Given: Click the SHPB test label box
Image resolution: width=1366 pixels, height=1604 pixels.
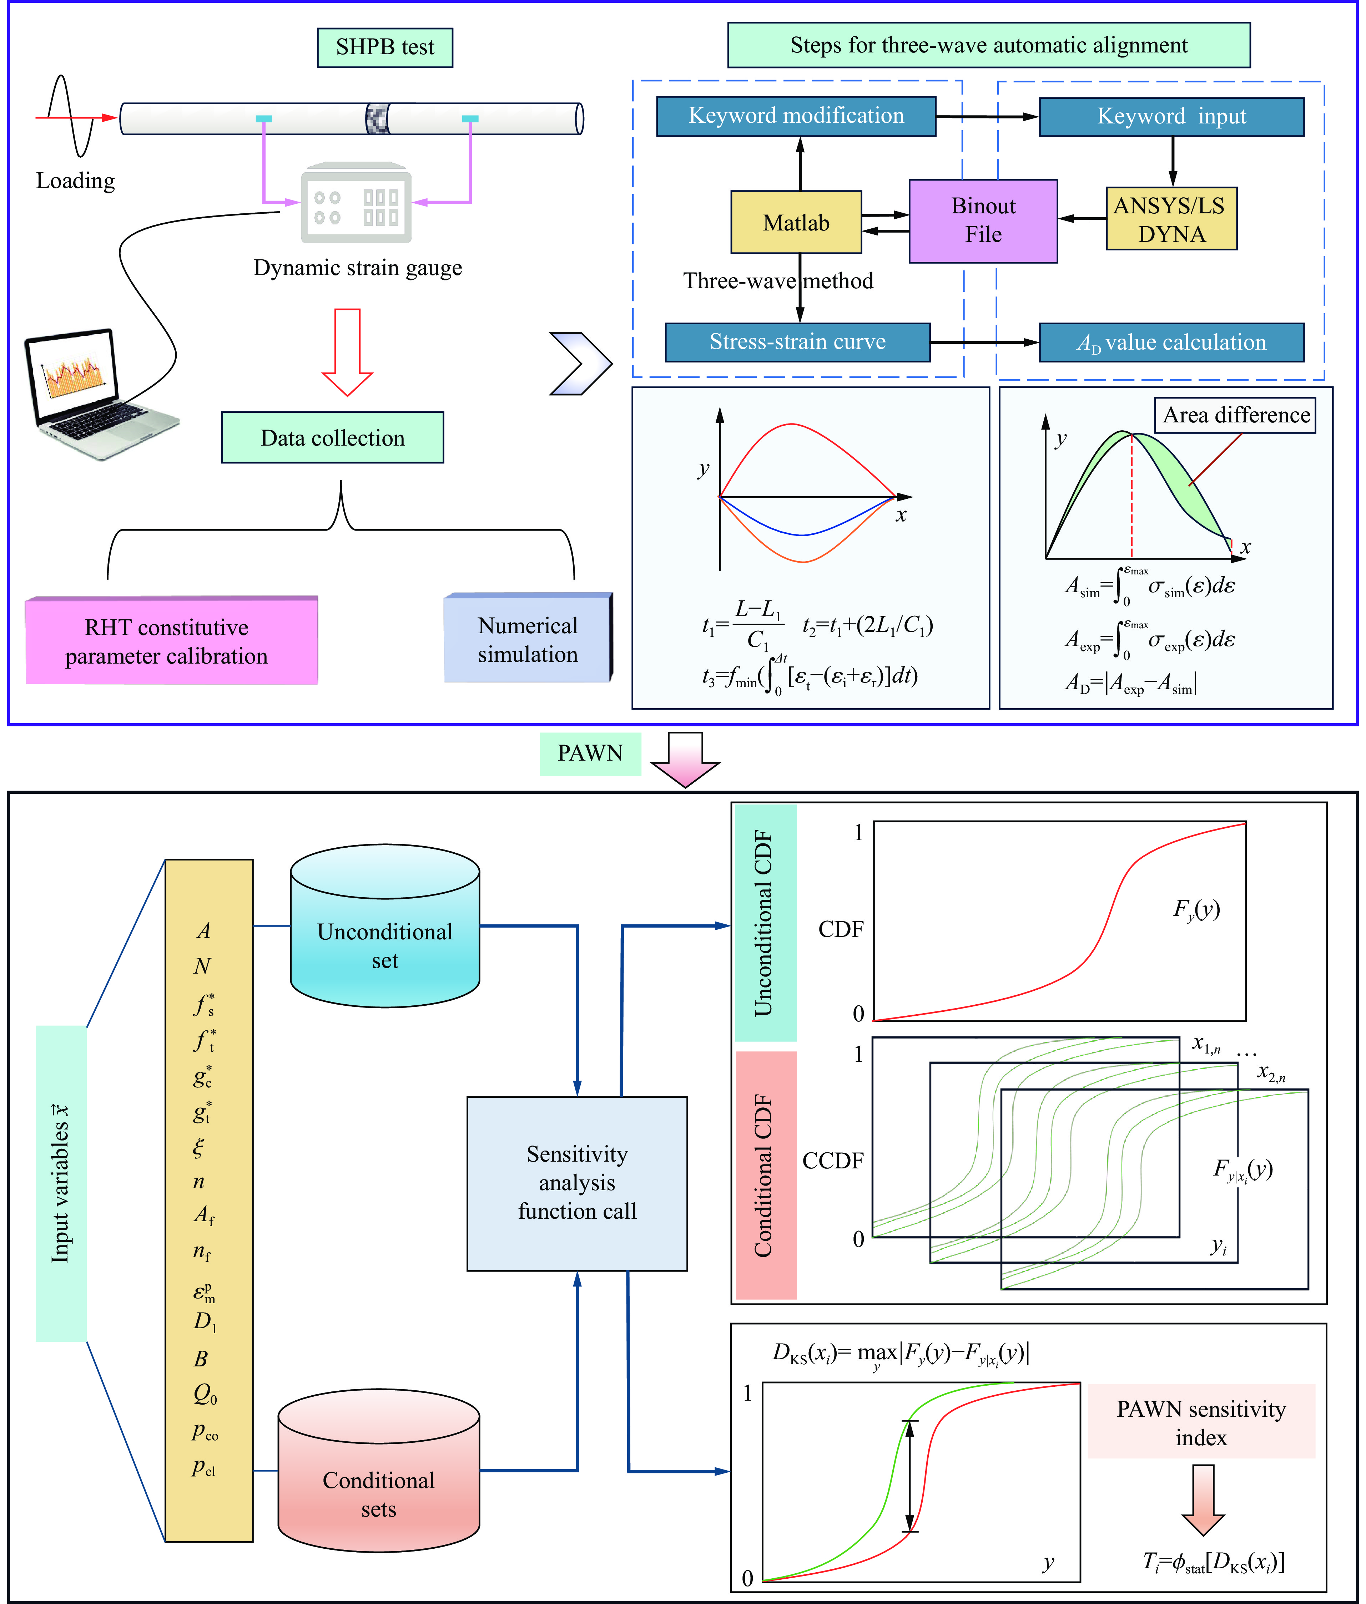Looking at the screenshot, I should coord(385,47).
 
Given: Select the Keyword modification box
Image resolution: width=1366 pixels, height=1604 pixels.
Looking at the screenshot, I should coord(796,116).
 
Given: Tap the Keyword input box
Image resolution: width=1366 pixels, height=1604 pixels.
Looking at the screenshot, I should coord(1171,117).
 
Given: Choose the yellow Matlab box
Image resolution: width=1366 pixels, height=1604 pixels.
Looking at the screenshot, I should coord(796,222).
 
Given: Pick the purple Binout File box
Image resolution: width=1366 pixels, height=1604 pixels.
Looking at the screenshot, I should coord(983,220).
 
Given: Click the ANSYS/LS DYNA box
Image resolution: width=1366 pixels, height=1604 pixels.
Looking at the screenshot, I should coord(1171,219).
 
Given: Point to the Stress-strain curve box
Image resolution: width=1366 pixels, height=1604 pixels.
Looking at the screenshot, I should coord(798,342).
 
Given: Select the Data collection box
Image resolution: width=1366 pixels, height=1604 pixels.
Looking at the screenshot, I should coord(332,437).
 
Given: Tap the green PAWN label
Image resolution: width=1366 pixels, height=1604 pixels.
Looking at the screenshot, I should coord(590,753).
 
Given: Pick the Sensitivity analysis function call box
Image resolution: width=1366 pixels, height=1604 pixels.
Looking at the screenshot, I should coord(577,1183).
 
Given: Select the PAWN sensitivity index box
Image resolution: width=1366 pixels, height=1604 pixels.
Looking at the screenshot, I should coord(1201,1422).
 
